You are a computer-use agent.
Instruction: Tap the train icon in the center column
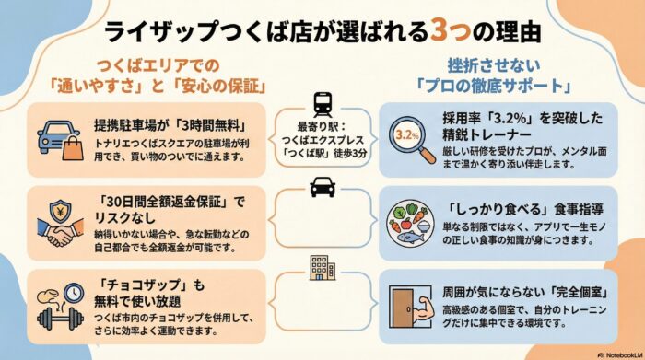click(x=322, y=103)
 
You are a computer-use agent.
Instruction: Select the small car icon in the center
click(x=322, y=188)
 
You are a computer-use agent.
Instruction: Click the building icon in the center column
click(x=322, y=266)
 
